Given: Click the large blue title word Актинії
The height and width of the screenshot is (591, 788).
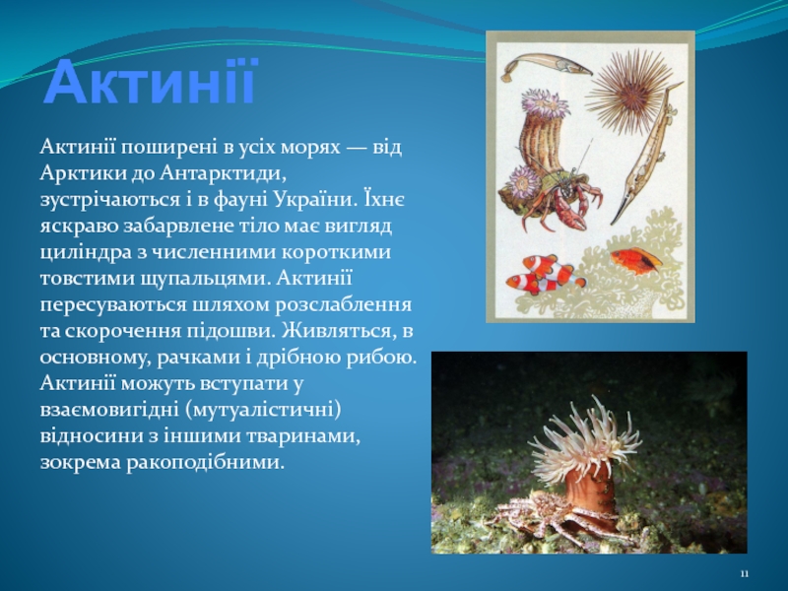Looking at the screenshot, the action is click(151, 82).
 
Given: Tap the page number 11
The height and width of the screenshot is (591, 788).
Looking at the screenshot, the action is click(745, 574).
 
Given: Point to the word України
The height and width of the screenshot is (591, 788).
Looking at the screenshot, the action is click(317, 200).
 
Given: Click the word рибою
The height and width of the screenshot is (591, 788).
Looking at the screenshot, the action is click(385, 358).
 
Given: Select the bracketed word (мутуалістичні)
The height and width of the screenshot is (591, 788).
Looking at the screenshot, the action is click(263, 410).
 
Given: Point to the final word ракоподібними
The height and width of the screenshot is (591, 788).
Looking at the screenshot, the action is click(205, 462).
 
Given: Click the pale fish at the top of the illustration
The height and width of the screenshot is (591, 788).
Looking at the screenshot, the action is click(546, 66).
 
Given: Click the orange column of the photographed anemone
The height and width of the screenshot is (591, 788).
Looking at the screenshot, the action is click(592, 495).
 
